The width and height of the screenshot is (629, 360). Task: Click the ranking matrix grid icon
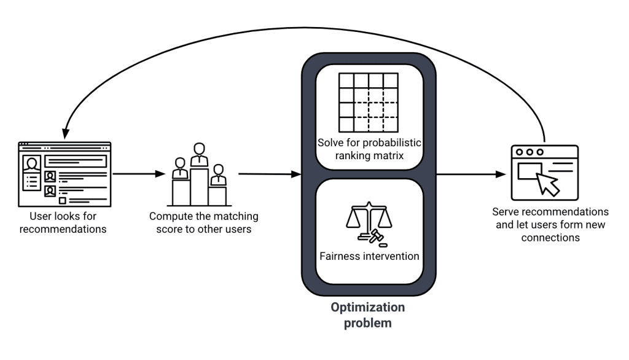pos(369,102)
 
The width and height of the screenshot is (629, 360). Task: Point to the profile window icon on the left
pos(64,174)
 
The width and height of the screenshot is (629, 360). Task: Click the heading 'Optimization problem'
pos(368,315)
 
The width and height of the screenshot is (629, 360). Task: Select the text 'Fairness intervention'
pos(369,256)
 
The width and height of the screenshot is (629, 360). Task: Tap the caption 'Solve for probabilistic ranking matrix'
pos(369,149)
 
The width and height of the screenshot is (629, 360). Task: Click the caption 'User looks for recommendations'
pos(63,223)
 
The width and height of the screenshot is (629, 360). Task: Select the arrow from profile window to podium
pos(139,174)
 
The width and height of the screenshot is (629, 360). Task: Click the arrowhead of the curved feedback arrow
pos(63,134)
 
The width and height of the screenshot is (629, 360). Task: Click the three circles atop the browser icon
pos(530,152)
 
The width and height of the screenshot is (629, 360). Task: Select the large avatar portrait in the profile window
pos(31,163)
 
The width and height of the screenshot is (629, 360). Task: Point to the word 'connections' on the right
pos(550,237)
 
